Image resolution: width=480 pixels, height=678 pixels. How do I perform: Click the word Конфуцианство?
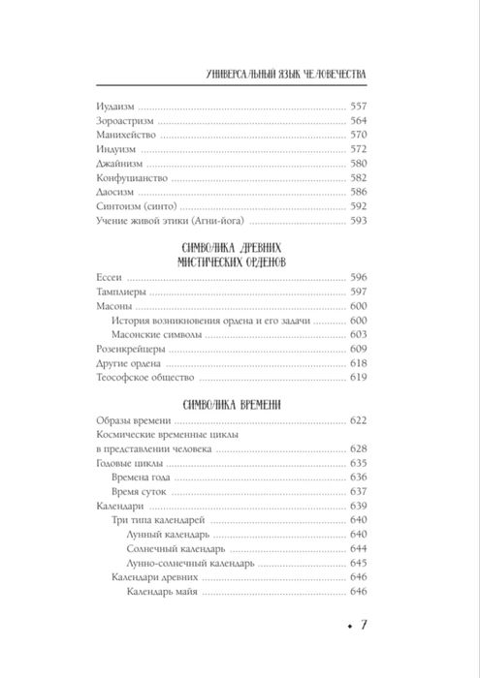pyautogui.click(x=127, y=179)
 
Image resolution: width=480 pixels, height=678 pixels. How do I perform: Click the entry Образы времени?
pyautogui.click(x=129, y=421)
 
